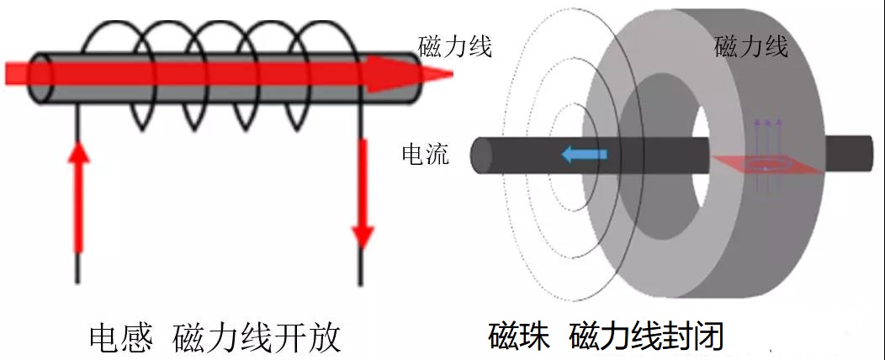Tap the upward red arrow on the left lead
(x=78, y=198)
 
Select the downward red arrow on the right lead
(x=363, y=193)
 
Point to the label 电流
(x=426, y=155)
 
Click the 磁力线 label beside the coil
(x=454, y=46)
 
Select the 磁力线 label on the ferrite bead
(x=750, y=46)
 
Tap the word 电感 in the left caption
(x=121, y=338)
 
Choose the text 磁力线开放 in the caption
(x=257, y=338)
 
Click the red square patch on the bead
(x=766, y=166)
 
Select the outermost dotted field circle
(x=516, y=168)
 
